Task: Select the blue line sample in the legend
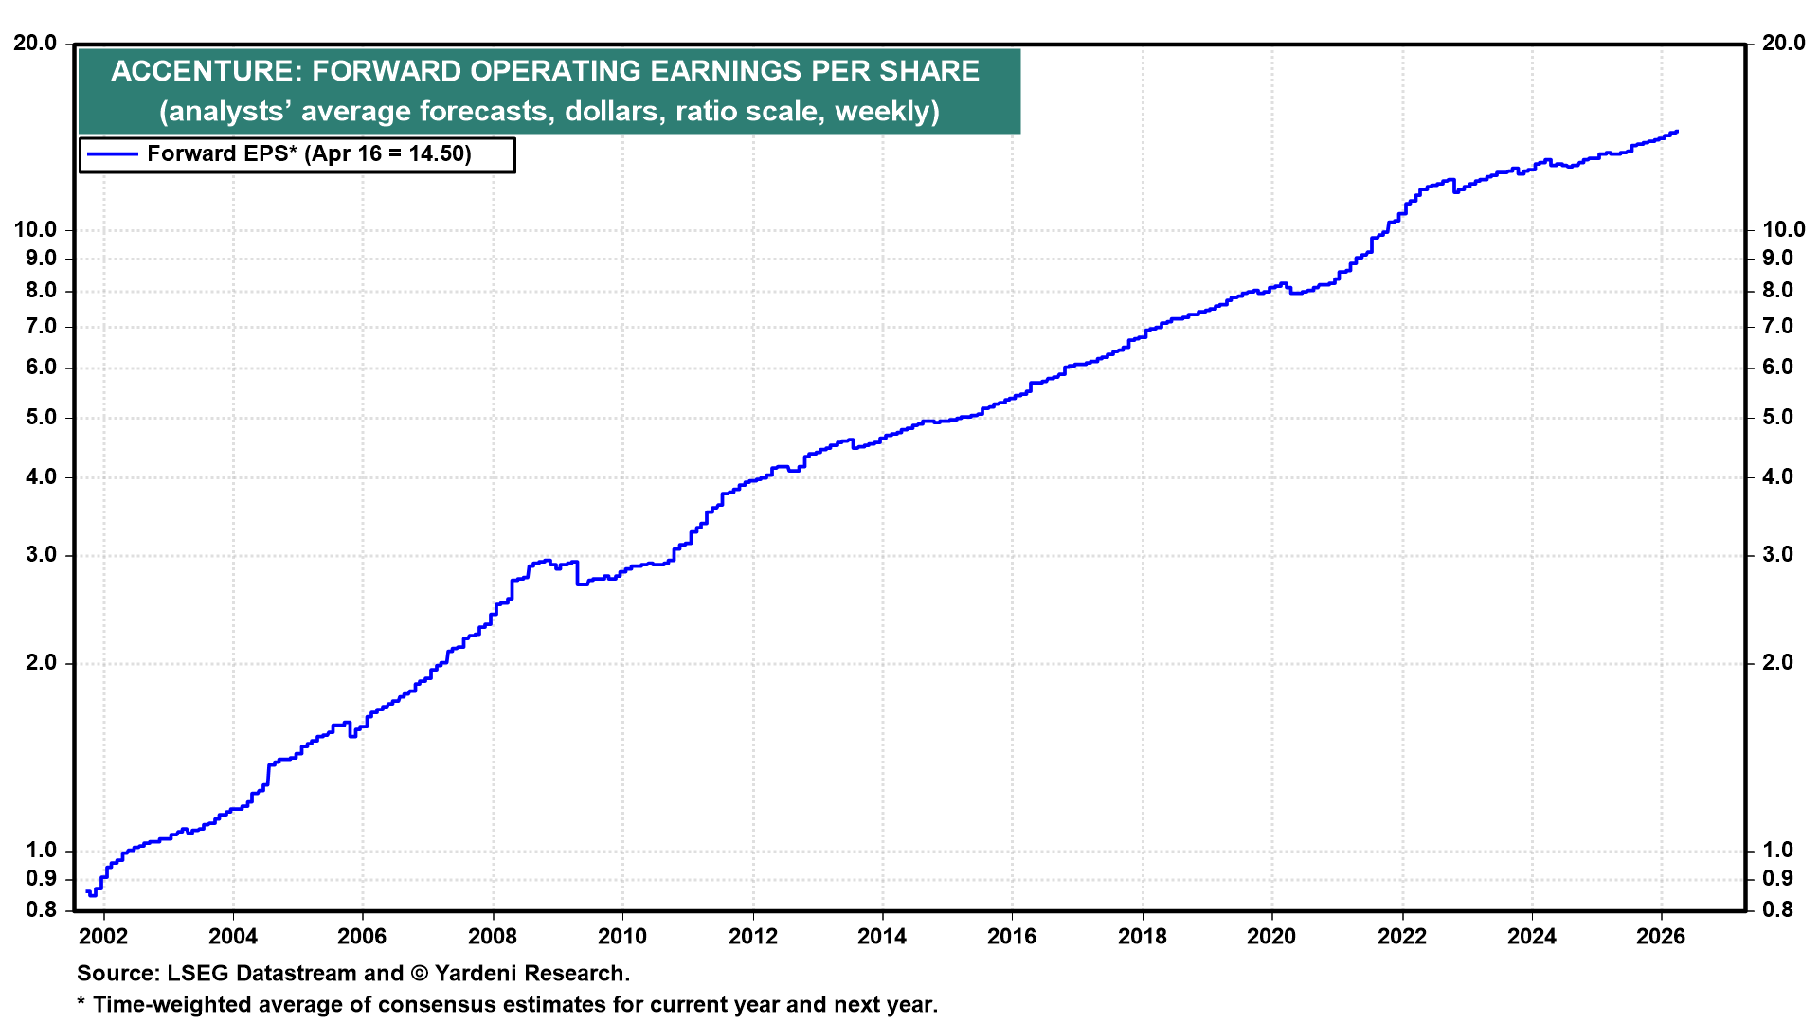(x=111, y=154)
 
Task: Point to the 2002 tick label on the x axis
(x=102, y=937)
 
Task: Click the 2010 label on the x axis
(x=622, y=937)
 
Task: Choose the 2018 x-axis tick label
(x=1142, y=937)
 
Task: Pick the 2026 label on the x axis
(x=1661, y=937)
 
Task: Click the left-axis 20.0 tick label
(x=34, y=44)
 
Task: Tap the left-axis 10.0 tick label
(x=34, y=229)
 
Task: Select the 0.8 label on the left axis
(x=42, y=910)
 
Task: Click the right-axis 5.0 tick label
(x=1777, y=418)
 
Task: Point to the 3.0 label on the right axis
(x=1777, y=555)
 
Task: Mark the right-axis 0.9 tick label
(x=1777, y=879)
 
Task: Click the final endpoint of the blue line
(x=1677, y=132)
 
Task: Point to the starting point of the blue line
(x=87, y=891)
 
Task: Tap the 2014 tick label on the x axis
(x=882, y=937)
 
